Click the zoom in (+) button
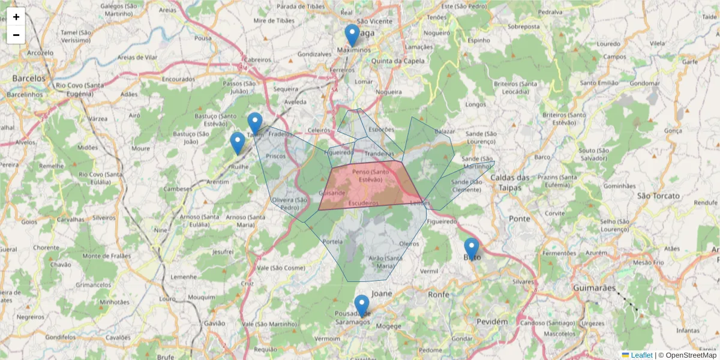point(16,17)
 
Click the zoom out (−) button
point(16,35)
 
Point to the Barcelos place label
point(29,79)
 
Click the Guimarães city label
point(593,288)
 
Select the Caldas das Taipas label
point(511,182)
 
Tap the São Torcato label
point(658,196)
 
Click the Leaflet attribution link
point(641,355)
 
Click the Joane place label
point(382,294)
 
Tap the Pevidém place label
point(492,322)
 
